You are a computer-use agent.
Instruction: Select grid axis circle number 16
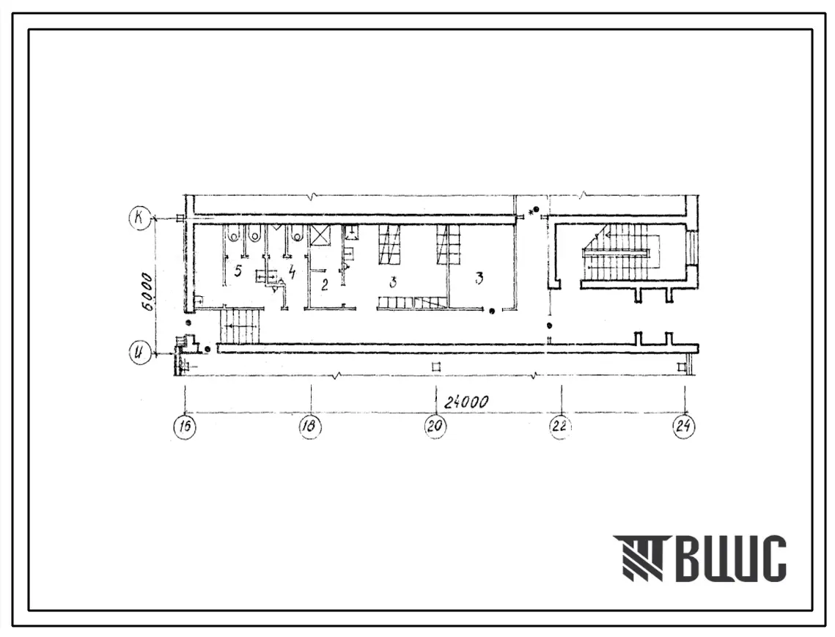185,427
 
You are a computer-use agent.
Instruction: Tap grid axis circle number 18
310,427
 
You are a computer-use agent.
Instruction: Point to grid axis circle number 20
435,427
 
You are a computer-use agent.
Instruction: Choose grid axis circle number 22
560,427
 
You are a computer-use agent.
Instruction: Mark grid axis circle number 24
684,427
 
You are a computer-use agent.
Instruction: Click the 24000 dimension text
466,402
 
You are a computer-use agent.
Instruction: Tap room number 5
238,271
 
